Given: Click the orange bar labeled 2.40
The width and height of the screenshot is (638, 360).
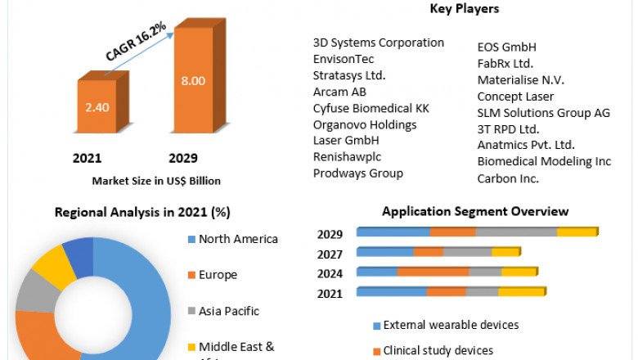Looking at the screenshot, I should pyautogui.click(x=97, y=106).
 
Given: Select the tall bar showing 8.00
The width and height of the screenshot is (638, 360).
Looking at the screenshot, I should pyautogui.click(x=193, y=80).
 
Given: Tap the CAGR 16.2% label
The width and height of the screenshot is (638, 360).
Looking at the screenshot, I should pyautogui.click(x=136, y=42).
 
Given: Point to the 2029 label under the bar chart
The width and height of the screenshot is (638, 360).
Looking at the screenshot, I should pyautogui.click(x=183, y=158).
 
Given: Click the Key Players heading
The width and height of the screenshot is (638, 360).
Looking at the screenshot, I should pyautogui.click(x=465, y=9).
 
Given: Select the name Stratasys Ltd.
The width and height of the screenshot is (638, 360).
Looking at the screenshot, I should pyautogui.click(x=349, y=75).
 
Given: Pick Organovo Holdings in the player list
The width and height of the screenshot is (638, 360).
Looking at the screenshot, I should pyautogui.click(x=365, y=124).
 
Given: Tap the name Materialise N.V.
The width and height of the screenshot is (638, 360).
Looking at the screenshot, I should pyautogui.click(x=521, y=80).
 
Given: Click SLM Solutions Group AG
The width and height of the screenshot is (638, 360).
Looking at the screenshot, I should pyautogui.click(x=544, y=113).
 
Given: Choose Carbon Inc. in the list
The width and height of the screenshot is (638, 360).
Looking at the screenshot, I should pyautogui.click(x=508, y=178).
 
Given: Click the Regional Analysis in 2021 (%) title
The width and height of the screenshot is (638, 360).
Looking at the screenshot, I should pyautogui.click(x=142, y=212).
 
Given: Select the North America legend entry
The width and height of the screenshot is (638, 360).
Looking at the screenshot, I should pyautogui.click(x=238, y=239).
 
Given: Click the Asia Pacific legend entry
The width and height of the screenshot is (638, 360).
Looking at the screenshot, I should pyautogui.click(x=228, y=311).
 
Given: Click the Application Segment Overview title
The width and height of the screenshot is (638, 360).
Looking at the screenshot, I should pyautogui.click(x=475, y=211).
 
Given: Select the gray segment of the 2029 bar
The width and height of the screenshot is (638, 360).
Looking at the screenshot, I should pyautogui.click(x=516, y=232).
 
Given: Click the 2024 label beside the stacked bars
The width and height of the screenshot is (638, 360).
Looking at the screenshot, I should pyautogui.click(x=330, y=273).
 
